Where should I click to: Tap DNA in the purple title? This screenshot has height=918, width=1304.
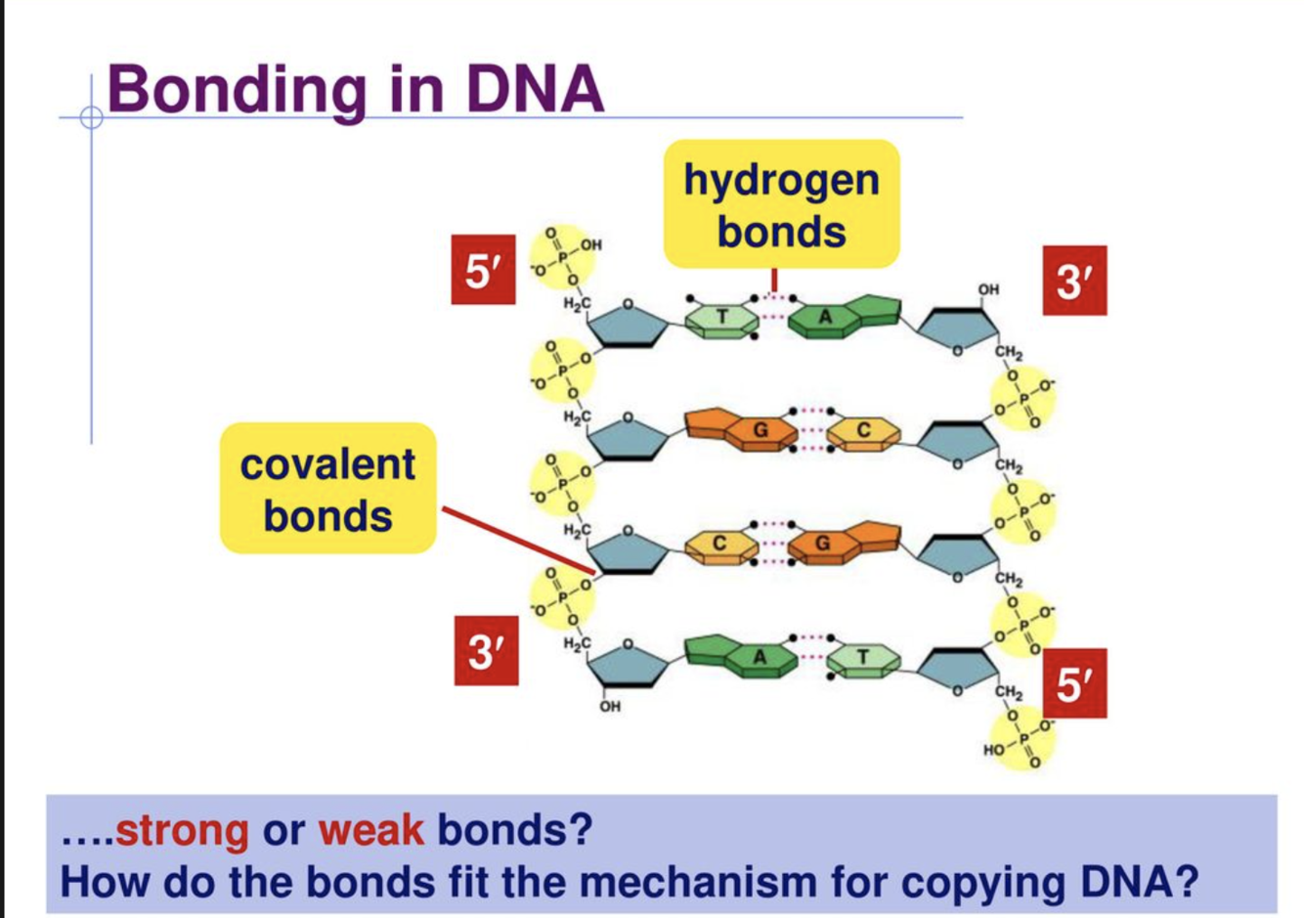point(535,89)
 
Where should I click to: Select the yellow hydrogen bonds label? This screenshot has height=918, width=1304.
point(781,204)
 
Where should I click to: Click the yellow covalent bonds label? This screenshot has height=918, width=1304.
point(327,489)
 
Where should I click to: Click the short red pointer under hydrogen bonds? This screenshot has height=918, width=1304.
point(774,281)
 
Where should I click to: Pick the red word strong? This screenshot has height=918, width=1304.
point(182,831)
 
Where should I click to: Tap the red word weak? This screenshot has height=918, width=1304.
point(371,831)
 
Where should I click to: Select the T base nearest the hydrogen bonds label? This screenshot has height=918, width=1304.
point(721,317)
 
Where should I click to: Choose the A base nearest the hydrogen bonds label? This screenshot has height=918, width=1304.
point(826,317)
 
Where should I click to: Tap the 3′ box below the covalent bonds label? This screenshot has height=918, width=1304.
point(486,651)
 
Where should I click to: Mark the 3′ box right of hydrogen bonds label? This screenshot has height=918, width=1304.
point(1074,281)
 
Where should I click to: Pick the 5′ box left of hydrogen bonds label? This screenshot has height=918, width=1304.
point(483,270)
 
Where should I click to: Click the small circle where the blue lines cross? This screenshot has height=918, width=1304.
point(92,118)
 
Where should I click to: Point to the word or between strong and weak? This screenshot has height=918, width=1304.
point(283,831)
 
